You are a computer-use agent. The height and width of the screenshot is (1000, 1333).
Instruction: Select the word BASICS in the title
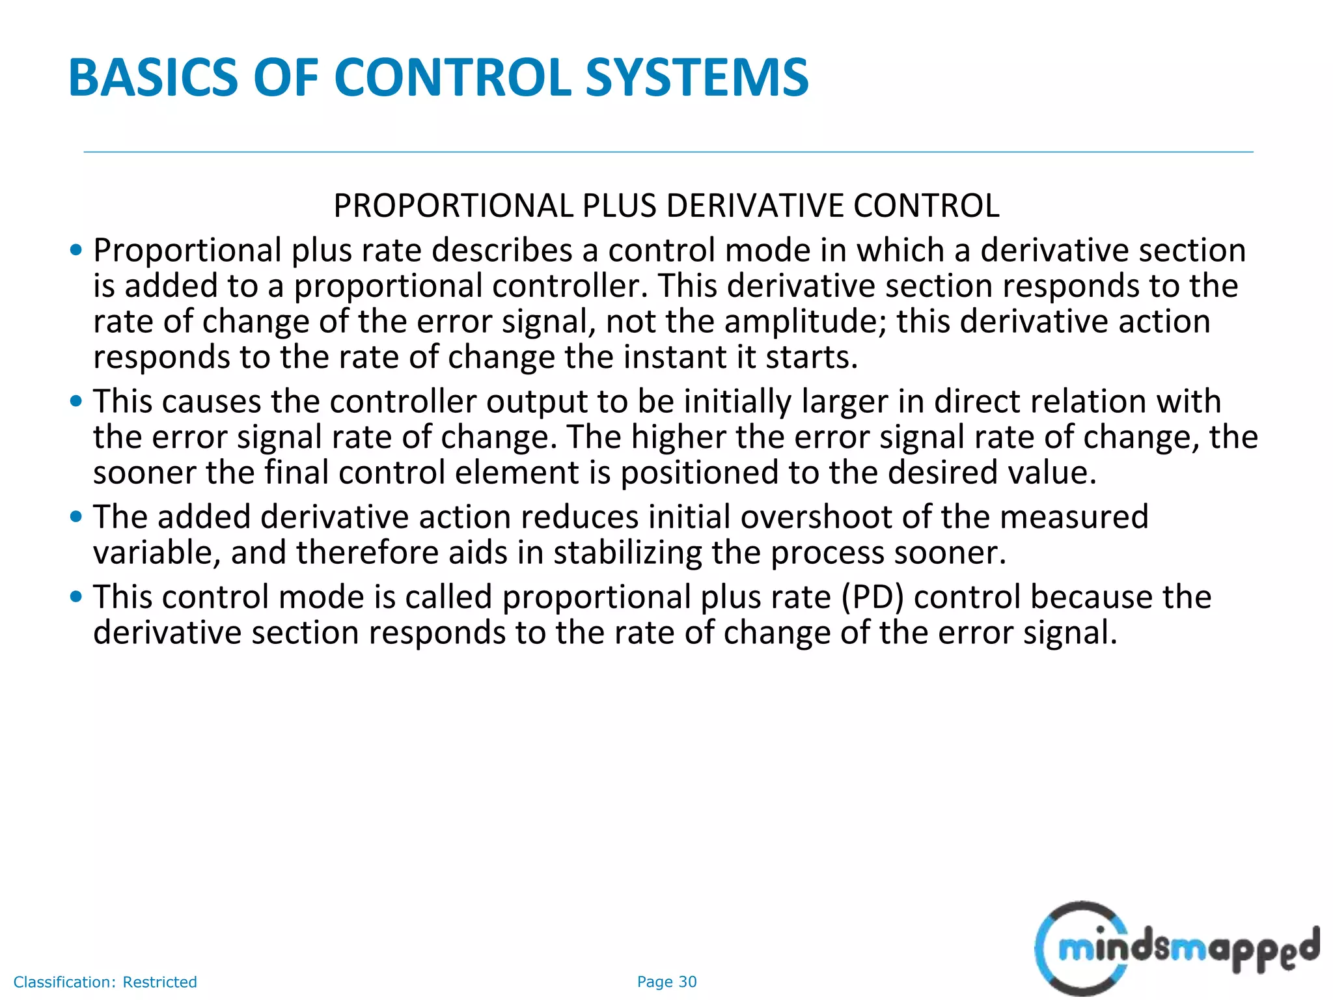pos(154,78)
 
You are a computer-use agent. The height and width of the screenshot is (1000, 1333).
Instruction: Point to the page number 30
pos(687,982)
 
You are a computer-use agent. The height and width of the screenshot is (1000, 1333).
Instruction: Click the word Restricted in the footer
pos(159,982)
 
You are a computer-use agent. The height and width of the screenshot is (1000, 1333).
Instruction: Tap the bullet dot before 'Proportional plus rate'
pos(76,250)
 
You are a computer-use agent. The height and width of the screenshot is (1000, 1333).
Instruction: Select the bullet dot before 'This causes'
pos(76,401)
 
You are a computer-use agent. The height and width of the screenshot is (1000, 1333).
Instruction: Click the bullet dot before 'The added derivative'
pos(76,517)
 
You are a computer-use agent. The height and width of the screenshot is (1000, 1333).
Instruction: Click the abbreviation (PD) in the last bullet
pos(872,597)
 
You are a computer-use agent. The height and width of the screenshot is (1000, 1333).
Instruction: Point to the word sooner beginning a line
pos(144,473)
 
